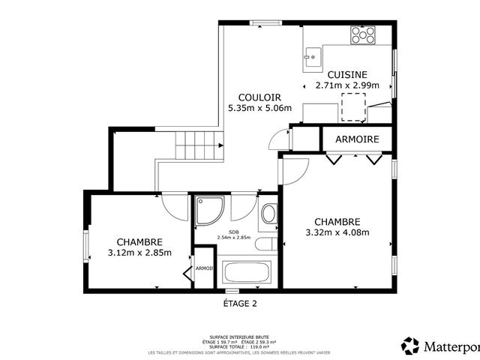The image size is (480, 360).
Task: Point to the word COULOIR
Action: [x=259, y=97]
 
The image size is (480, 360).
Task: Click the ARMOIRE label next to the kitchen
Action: [x=357, y=139]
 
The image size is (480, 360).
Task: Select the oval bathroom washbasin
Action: [x=268, y=214]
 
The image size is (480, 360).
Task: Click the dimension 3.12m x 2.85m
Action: [x=139, y=253]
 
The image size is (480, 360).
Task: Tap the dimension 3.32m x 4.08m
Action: [x=337, y=232]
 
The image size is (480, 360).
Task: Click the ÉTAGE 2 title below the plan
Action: [x=240, y=304]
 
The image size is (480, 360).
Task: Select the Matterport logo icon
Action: [x=410, y=346]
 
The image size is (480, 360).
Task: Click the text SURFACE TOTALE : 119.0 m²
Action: [x=240, y=346]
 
